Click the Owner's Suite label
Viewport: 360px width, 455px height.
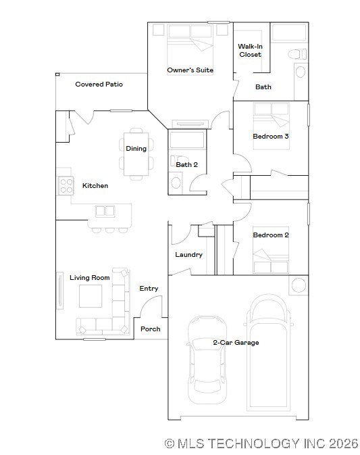coord(190,70)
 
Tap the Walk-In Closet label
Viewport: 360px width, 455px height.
coord(250,51)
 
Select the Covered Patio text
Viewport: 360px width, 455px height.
coord(99,85)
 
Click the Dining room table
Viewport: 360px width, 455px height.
coord(136,154)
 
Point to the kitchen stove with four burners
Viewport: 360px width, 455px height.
coord(66,185)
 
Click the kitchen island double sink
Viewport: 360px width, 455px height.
coord(105,211)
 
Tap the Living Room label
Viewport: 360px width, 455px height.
coord(90,278)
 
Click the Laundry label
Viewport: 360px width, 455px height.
coord(188,255)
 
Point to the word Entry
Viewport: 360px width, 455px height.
coord(149,289)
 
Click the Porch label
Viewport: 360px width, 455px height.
coord(151,329)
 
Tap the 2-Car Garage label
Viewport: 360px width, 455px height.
coord(236,343)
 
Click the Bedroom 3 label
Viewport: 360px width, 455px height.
coord(271,137)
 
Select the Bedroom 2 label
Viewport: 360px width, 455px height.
coord(271,235)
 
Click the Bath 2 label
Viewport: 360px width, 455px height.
coord(186,164)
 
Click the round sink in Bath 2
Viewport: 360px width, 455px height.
coord(176,182)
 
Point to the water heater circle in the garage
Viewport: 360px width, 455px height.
coord(298,285)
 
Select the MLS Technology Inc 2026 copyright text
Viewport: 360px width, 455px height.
coord(261,444)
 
